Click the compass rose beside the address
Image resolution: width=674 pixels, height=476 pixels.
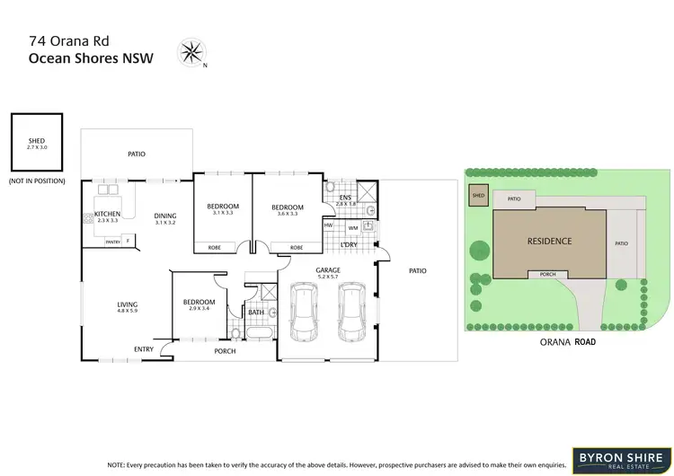(x=192, y=50)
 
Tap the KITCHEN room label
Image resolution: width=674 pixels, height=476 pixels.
(x=107, y=214)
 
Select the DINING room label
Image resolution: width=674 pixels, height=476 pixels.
(x=164, y=216)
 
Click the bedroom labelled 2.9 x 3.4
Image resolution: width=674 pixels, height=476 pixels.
(x=200, y=305)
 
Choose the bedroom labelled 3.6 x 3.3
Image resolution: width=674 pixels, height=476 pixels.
(x=288, y=211)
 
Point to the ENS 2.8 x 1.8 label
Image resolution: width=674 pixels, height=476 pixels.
(x=346, y=201)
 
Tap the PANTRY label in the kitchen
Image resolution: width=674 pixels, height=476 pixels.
(x=113, y=242)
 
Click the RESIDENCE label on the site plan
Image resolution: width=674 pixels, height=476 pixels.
(x=548, y=241)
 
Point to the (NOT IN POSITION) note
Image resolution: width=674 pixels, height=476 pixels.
(x=37, y=181)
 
